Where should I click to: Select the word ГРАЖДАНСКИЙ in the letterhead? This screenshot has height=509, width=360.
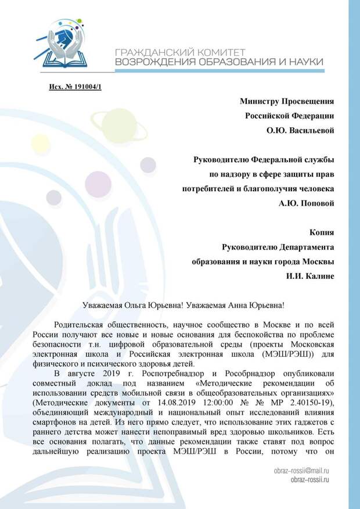147,51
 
